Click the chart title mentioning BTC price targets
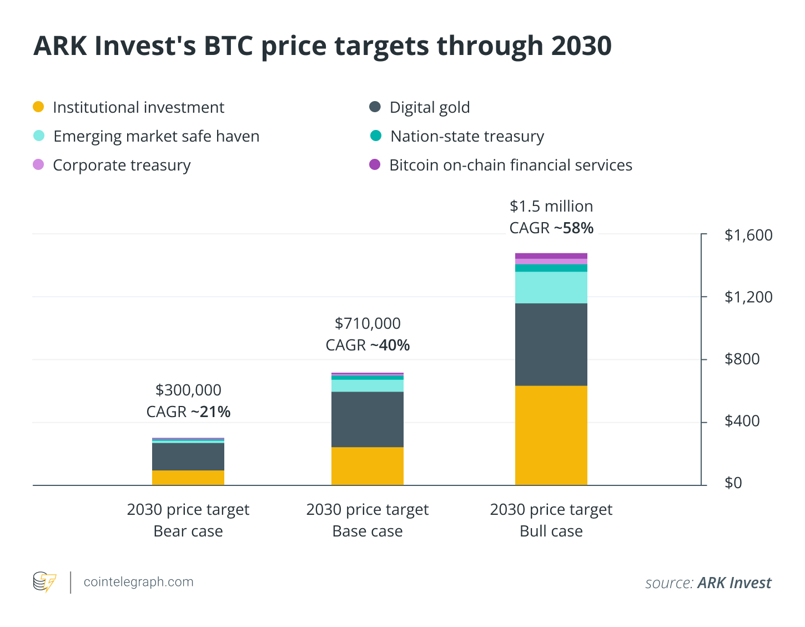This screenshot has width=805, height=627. coord(322,46)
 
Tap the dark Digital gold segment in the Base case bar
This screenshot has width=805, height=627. coord(367,419)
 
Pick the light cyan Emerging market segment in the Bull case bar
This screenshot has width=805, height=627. coord(551,287)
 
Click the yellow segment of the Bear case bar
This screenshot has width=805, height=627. coord(188,478)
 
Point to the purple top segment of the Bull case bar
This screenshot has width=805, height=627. coord(551,256)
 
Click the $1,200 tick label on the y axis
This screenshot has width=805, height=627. coord(748,297)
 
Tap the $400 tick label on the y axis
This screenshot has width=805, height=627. coord(748,421)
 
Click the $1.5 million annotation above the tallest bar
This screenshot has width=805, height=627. coord(551,207)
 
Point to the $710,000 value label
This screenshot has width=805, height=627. coord(367,324)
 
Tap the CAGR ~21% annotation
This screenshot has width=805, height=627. coord(188,412)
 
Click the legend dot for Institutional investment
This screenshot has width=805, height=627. coord(38,107)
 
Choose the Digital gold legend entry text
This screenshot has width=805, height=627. coord(429,107)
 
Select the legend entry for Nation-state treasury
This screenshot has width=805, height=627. coord(466,136)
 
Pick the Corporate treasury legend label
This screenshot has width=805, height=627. coord(122,165)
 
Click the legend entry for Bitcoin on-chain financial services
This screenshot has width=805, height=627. coord(510,165)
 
